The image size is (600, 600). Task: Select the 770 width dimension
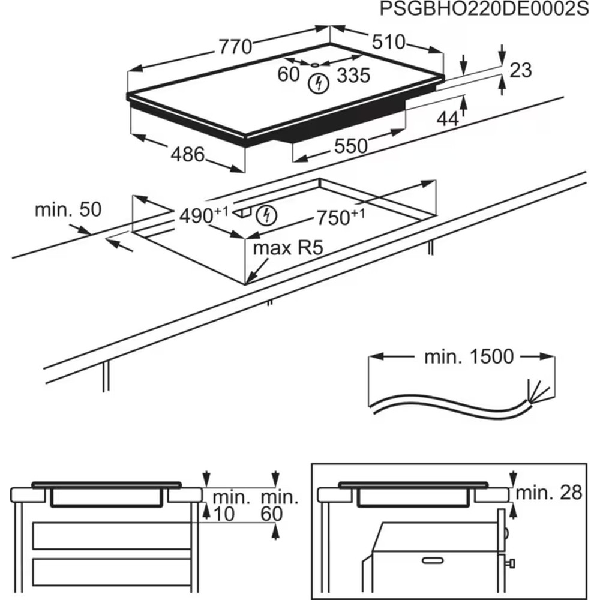235,47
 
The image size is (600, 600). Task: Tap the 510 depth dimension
389,42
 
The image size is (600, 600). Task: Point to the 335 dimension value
352,76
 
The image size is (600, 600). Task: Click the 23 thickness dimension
520,70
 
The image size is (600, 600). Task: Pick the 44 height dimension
447,119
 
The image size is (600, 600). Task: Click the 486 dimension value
188,155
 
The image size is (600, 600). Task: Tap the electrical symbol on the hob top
318,83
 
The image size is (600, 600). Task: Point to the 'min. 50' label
68,210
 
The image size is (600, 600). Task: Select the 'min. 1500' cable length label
469,357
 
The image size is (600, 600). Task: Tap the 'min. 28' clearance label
549,493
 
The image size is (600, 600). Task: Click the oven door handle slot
432,560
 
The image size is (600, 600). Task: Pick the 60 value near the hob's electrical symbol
289,74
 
